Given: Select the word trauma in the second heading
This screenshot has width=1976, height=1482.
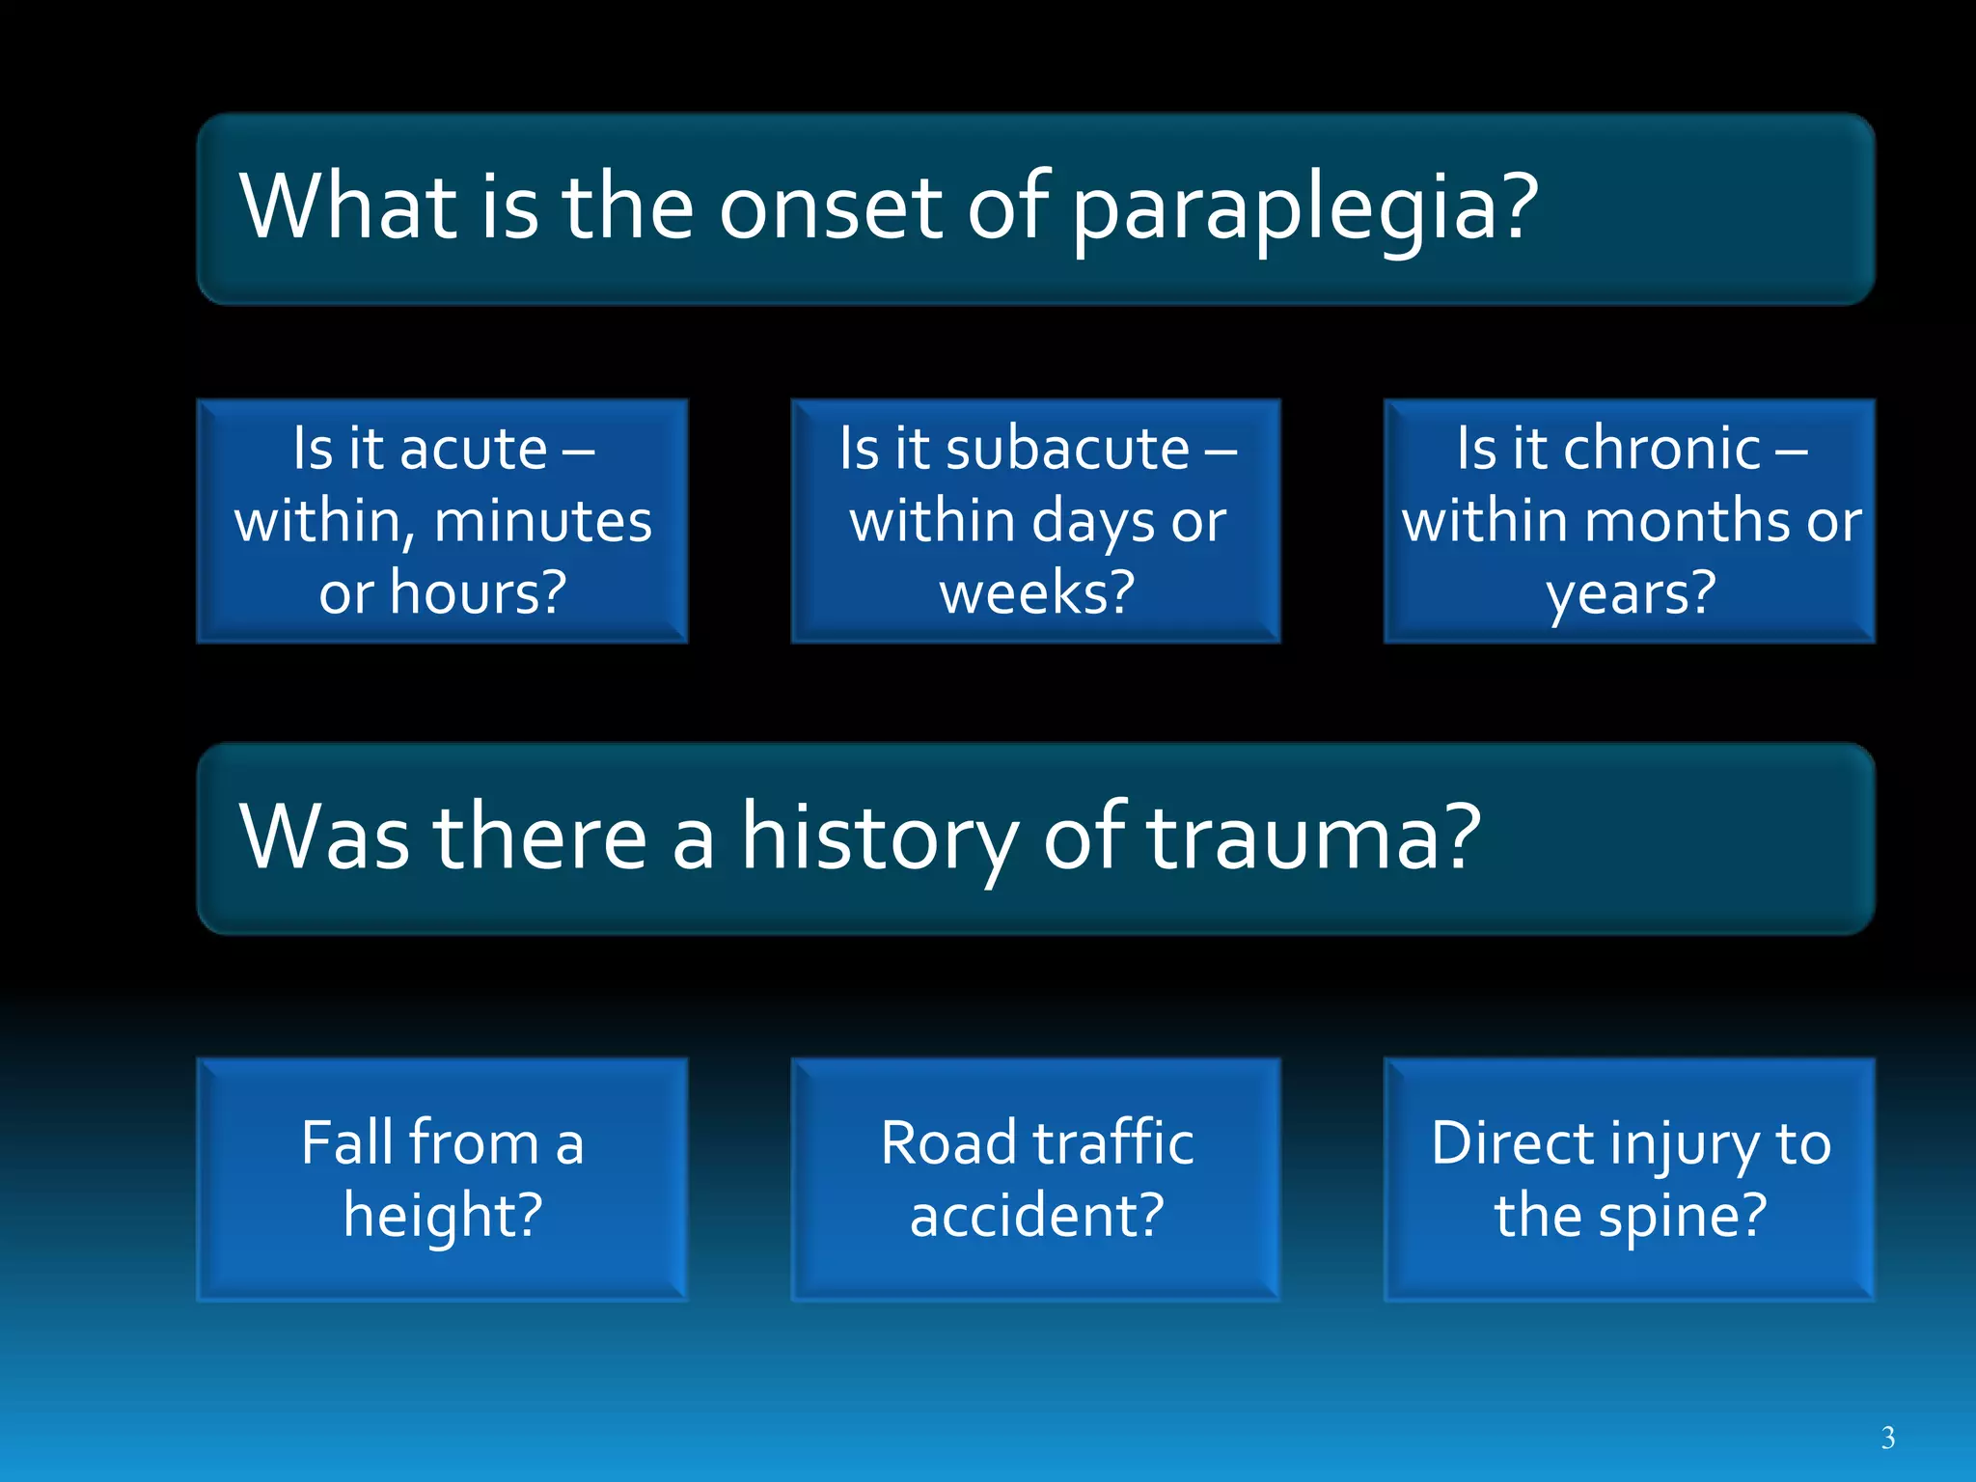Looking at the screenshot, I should (1312, 837).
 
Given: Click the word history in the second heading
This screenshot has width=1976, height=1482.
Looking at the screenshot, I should (878, 837).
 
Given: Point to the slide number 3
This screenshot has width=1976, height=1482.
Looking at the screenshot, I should (1887, 1439).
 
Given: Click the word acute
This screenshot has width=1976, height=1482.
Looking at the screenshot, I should (474, 450).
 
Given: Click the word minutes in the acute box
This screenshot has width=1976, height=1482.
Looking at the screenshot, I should (543, 522).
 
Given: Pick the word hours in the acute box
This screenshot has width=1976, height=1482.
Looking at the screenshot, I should (478, 592).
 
